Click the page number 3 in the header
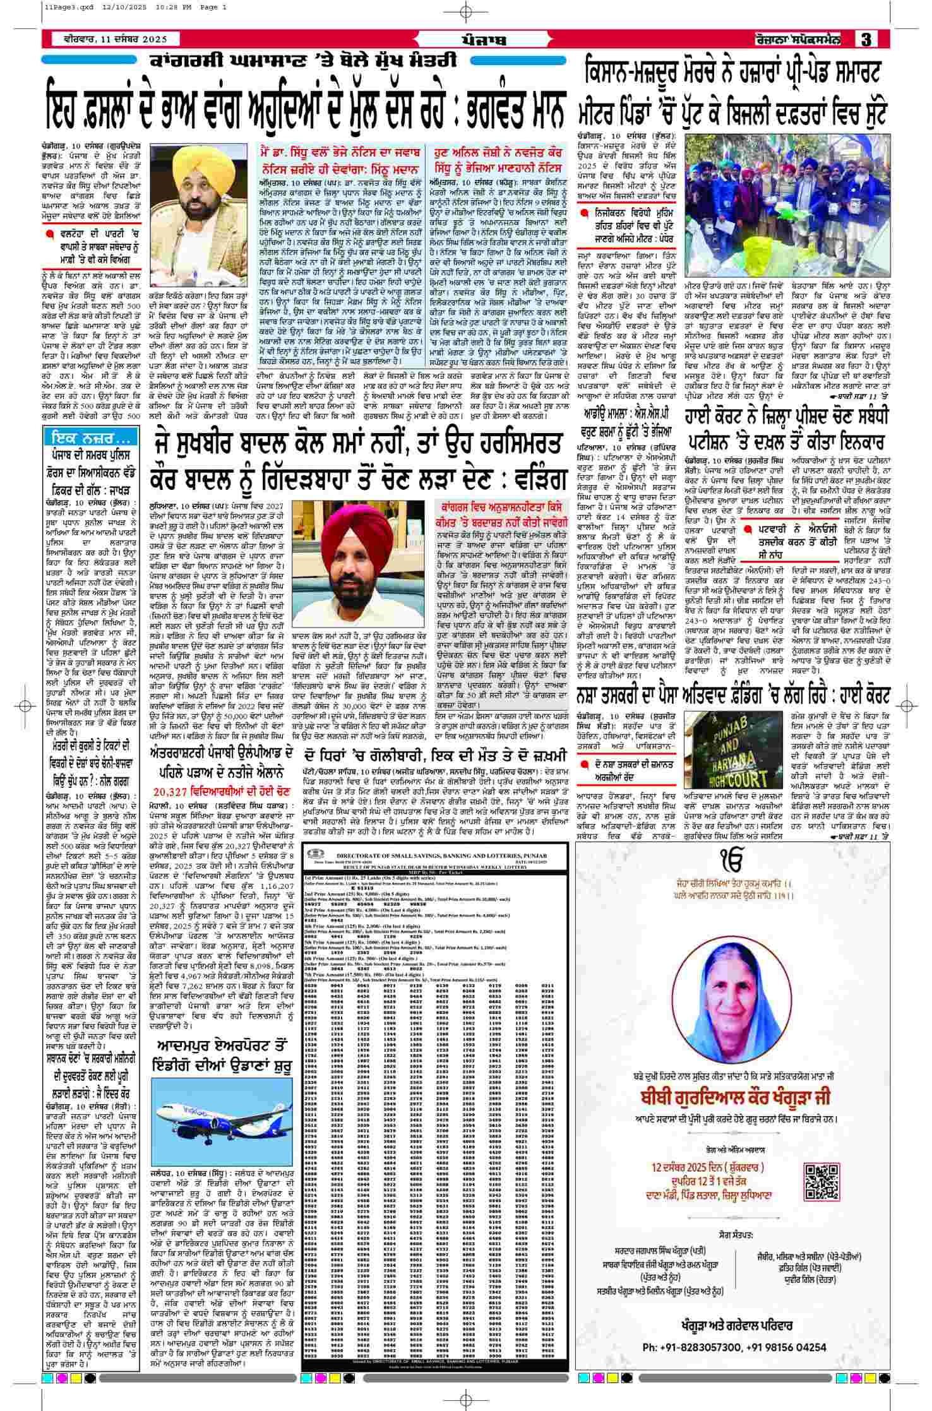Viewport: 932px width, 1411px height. (865, 39)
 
